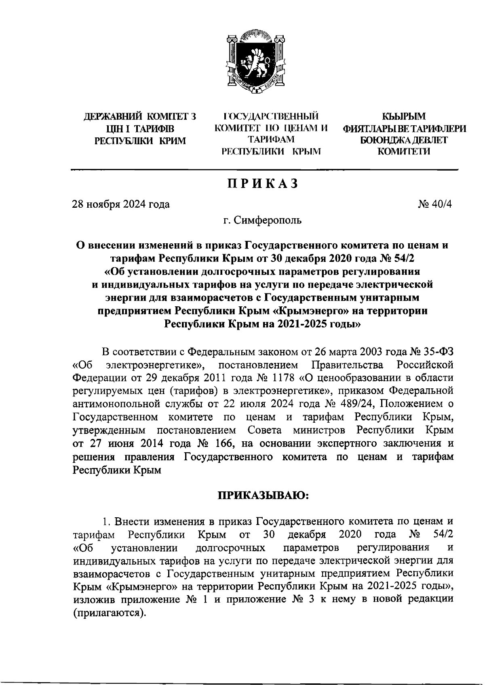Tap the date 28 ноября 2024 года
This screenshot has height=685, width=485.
121,204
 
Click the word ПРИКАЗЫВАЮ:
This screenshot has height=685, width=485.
263,495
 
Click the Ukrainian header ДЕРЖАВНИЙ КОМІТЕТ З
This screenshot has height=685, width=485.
139,117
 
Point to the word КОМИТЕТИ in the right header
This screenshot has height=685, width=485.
404,152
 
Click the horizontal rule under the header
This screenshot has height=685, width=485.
265,170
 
